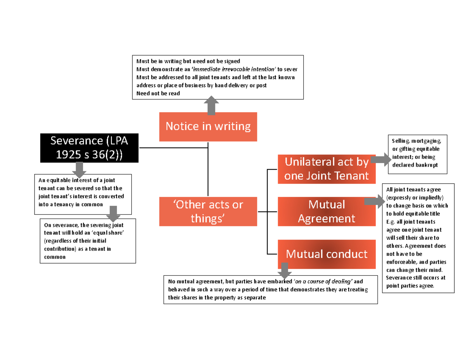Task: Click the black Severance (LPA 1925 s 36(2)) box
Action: tap(89, 148)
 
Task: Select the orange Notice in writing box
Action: tap(208, 127)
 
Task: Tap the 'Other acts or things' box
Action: tap(208, 211)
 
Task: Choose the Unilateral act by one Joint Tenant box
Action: tap(326, 169)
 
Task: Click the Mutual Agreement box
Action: tap(326, 211)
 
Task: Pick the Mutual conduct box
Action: tap(326, 254)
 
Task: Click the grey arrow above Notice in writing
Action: tap(211, 106)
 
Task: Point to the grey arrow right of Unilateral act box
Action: tap(382, 160)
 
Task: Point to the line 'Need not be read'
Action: tap(158, 94)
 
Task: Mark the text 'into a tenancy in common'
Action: tap(71, 204)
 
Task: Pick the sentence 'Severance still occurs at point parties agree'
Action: tap(416, 282)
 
